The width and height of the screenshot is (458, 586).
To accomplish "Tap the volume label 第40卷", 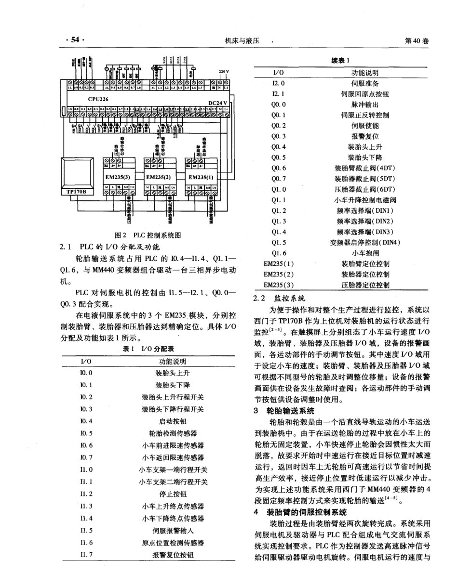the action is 417,41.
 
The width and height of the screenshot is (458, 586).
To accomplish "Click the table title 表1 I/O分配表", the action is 148,349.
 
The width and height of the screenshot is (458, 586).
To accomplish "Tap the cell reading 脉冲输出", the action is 364,104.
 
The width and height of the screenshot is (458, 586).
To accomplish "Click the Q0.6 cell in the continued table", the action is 279,168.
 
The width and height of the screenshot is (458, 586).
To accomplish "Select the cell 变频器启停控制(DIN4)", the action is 364,242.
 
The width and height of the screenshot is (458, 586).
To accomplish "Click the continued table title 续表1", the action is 340,60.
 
